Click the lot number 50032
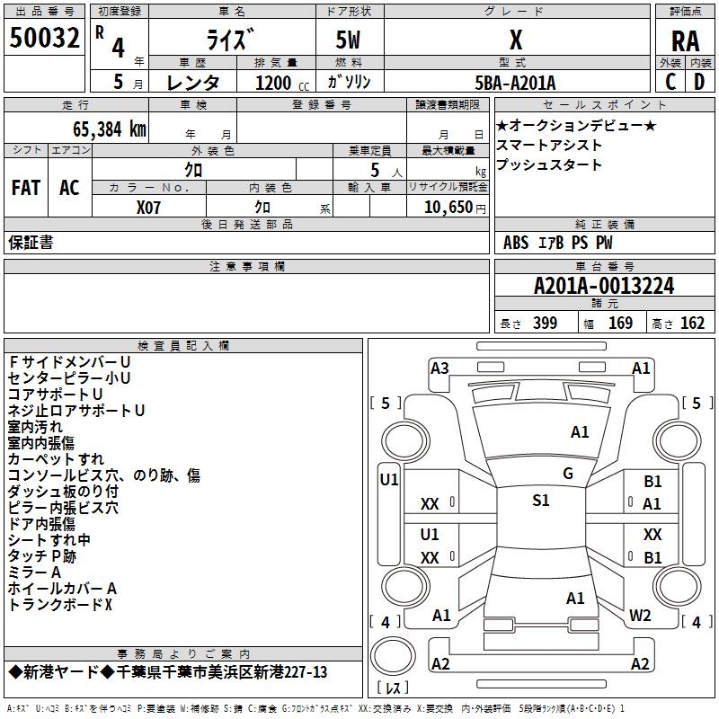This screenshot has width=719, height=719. [44, 38]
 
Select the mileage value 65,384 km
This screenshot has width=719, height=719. [110, 129]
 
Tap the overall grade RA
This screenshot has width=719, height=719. [686, 41]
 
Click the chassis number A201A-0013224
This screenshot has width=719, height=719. [604, 286]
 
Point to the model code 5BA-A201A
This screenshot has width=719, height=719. [515, 83]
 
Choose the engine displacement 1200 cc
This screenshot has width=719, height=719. [282, 83]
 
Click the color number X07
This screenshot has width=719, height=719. [148, 208]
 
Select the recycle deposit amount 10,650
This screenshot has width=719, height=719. [448, 208]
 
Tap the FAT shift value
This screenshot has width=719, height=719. [26, 188]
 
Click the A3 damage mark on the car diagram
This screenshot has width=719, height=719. [439, 368]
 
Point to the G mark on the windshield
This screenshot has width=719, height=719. [568, 474]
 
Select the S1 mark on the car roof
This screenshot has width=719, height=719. [541, 501]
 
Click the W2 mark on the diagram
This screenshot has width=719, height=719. [640, 616]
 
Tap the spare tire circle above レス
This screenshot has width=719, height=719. [393, 655]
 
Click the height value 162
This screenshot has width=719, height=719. [692, 323]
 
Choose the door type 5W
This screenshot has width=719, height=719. [348, 40]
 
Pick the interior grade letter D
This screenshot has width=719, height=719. [699, 82]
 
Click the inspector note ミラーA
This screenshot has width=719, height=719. [34, 573]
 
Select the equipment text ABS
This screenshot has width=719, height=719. [516, 243]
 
